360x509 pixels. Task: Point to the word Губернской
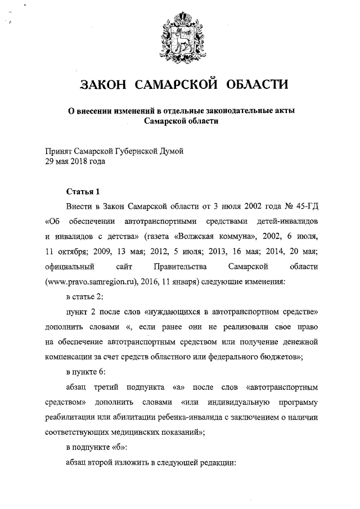coord(142,151)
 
